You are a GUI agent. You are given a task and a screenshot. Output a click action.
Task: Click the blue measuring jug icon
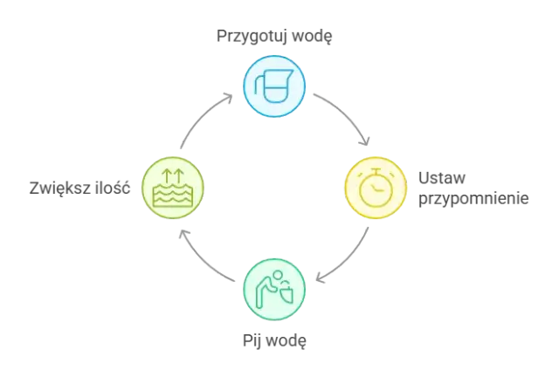coord(274,86)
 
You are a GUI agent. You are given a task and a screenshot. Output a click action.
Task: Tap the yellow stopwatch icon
coord(376,187)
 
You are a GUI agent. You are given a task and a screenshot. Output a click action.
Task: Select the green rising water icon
coord(172,187)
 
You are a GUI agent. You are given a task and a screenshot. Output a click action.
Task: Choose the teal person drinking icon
coord(274,288)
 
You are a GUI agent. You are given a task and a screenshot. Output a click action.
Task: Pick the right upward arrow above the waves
coord(180,175)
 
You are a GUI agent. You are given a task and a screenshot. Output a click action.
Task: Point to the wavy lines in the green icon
coord(172,196)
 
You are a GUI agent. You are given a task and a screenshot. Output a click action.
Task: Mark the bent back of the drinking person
coord(266,281)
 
